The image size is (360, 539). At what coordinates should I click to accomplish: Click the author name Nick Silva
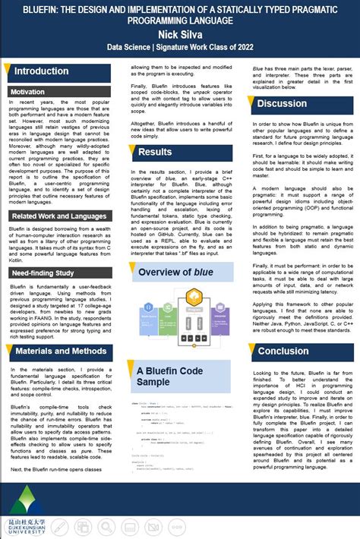tap(180, 34)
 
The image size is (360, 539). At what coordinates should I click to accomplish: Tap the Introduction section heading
tap(42, 71)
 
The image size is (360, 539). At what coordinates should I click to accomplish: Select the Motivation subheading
tap(28, 92)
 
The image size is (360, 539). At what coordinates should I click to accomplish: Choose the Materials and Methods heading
tap(62, 351)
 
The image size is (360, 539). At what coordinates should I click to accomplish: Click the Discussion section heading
tap(283, 103)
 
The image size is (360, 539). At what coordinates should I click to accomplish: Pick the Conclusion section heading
tap(283, 351)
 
